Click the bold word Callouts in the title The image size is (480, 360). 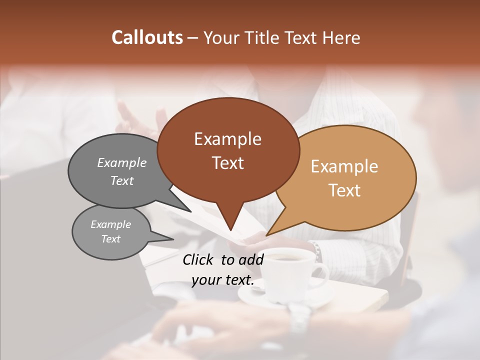pyautogui.click(x=147, y=37)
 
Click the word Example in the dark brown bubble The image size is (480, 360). pyautogui.click(x=227, y=139)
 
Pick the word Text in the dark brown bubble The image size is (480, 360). pyautogui.click(x=227, y=163)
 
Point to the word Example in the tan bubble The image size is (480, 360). pyautogui.click(x=344, y=166)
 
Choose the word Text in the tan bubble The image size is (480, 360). pyautogui.click(x=344, y=190)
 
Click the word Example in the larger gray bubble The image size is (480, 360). pyautogui.click(x=122, y=163)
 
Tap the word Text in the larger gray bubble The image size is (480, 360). pyautogui.click(x=122, y=181)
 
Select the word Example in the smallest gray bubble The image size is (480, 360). pyautogui.click(x=111, y=224)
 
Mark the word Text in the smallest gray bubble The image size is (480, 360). pyautogui.click(x=111, y=239)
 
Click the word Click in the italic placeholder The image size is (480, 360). pyautogui.click(x=199, y=259)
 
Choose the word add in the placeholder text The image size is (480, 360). pyautogui.click(x=251, y=259)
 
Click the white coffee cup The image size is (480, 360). pyautogui.click(x=287, y=272)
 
